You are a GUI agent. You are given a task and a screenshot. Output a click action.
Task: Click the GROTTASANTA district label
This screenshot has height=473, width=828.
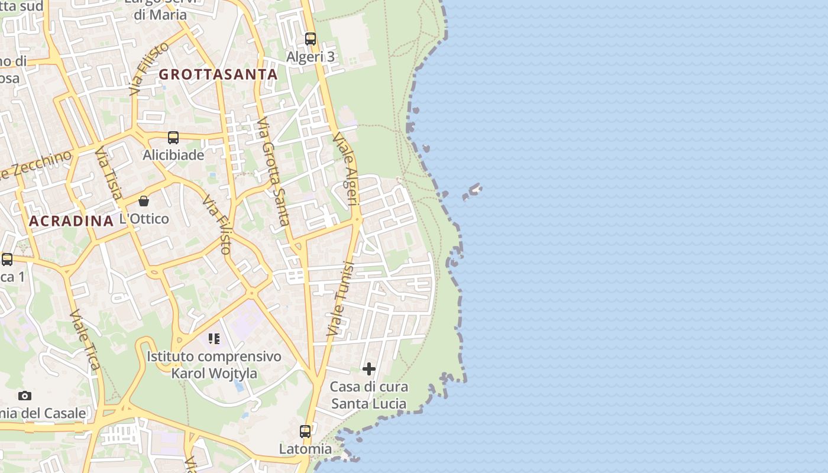[x=218, y=74]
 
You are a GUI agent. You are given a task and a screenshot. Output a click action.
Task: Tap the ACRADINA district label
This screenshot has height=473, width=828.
[x=71, y=221]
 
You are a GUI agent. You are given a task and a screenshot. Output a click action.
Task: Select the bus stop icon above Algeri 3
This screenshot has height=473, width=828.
[x=310, y=39]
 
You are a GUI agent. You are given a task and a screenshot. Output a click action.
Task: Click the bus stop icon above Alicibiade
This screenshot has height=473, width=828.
[x=173, y=138]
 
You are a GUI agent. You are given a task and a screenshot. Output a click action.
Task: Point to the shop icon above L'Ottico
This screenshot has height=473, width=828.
[x=144, y=201]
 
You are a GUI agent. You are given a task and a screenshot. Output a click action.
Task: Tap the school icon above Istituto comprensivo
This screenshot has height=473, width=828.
[x=214, y=339]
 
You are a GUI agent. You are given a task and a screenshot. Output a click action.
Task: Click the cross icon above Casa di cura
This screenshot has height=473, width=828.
[x=369, y=369]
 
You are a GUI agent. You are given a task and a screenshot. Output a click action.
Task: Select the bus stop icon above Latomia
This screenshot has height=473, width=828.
[x=305, y=432]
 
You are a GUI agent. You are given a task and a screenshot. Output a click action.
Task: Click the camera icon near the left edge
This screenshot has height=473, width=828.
[x=25, y=396]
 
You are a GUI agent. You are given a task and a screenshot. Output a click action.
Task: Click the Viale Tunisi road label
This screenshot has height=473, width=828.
[x=339, y=299]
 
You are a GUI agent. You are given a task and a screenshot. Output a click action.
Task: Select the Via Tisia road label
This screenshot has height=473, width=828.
[x=109, y=174]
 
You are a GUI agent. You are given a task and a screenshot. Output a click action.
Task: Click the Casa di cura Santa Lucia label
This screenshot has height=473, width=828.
[x=368, y=396]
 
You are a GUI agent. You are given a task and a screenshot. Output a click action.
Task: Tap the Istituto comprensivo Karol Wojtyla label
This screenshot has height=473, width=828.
[x=214, y=365]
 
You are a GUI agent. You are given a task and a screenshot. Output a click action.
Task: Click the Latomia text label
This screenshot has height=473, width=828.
[x=305, y=449]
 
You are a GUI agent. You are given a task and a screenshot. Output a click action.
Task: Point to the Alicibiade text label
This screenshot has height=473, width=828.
[x=173, y=155]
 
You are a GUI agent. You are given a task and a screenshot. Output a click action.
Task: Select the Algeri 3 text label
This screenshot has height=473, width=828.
[x=310, y=57]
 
